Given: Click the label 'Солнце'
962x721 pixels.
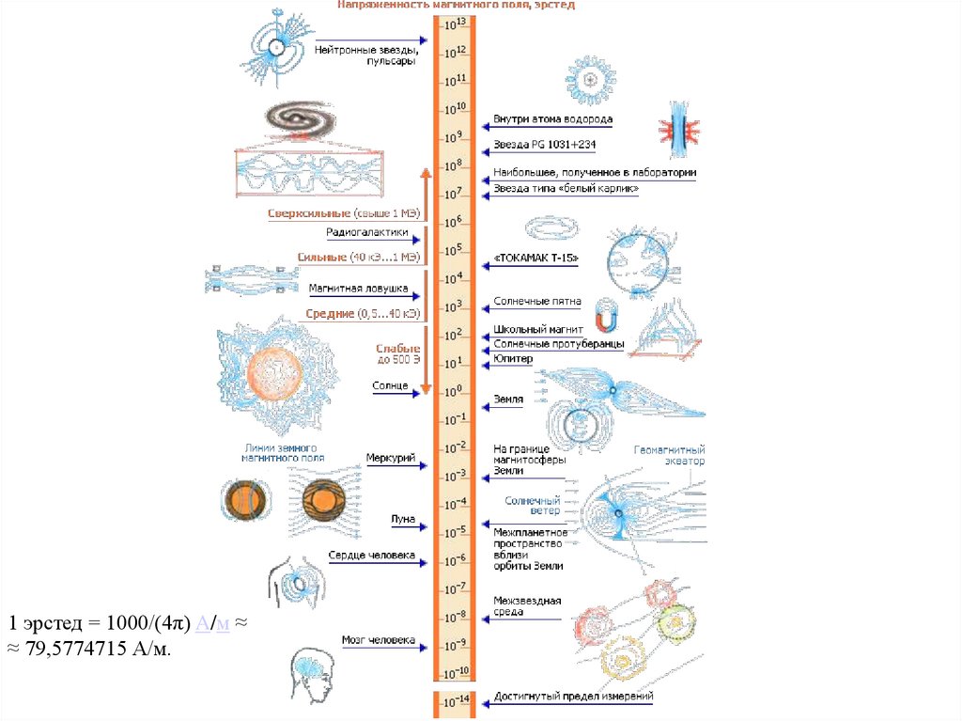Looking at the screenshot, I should click(390, 385).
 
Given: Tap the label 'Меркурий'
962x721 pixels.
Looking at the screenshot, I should click(391, 458).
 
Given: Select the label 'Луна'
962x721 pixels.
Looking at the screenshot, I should click(403, 519).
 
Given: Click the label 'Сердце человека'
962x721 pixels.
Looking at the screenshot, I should click(372, 556).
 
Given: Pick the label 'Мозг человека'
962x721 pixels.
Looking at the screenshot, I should click(378, 640).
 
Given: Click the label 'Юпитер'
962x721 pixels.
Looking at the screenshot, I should click(513, 358).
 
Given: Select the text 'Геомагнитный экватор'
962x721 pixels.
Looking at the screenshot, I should click(669, 456).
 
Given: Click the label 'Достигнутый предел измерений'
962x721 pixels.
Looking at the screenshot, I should click(573, 697).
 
